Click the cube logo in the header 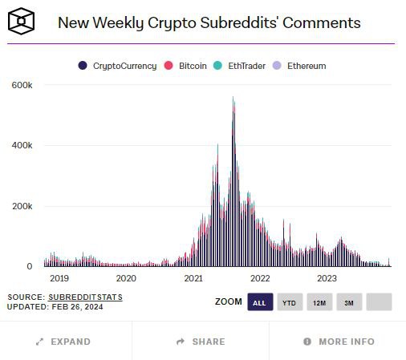(21, 21)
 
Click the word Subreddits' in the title (239, 22)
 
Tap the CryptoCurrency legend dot (83, 66)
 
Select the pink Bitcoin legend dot (168, 66)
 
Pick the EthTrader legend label (246, 66)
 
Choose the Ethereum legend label (307, 66)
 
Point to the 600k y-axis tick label (22, 85)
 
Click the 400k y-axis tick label (22, 145)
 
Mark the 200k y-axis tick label (22, 206)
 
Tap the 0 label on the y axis (30, 266)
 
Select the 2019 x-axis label (59, 278)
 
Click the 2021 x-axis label (193, 278)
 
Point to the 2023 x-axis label (327, 278)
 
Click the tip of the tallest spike (233, 97)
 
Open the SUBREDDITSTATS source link (85, 297)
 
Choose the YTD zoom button (290, 302)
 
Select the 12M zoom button (319, 302)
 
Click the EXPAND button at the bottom (63, 342)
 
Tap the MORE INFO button (339, 342)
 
